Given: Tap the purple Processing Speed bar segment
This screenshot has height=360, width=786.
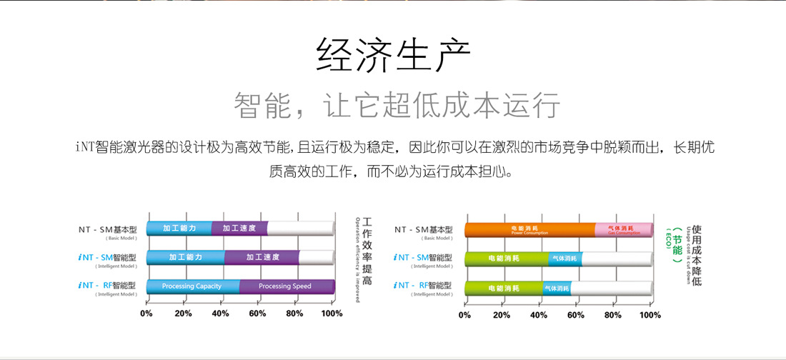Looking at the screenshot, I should pyautogui.click(x=285, y=286).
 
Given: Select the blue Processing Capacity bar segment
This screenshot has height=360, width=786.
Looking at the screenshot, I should pyautogui.click(x=191, y=286).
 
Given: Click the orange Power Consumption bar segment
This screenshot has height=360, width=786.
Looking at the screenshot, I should pyautogui.click(x=529, y=229).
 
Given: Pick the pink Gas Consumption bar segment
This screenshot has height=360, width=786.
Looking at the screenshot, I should pyautogui.click(x=624, y=229).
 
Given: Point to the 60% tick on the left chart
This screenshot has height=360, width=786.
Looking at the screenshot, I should pyautogui.click(x=257, y=313).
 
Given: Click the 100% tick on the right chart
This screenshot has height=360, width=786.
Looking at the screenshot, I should pyautogui.click(x=650, y=314).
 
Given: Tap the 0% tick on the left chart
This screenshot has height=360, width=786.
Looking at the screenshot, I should pyautogui.click(x=146, y=313).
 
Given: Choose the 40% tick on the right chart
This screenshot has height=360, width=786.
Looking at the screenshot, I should pyautogui.click(x=539, y=314).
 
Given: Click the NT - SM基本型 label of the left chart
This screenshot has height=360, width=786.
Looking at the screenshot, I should pyautogui.click(x=109, y=230).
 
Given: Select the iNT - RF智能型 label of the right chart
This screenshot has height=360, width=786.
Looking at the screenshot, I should pyautogui.click(x=424, y=285).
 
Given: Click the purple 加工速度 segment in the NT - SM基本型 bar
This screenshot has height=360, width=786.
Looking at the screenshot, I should pyautogui.click(x=239, y=229).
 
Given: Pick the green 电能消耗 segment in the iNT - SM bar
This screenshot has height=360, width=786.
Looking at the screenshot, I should pyautogui.click(x=506, y=259).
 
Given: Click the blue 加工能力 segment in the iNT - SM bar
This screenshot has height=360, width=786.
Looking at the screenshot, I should pyautogui.click(x=185, y=257).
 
